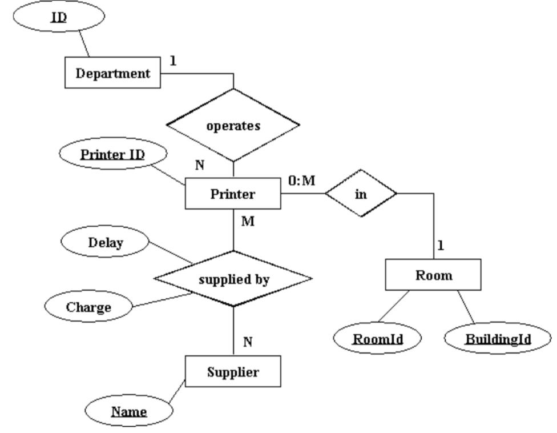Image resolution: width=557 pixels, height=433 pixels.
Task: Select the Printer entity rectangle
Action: click(232, 194)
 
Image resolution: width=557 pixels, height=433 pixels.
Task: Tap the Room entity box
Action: click(433, 275)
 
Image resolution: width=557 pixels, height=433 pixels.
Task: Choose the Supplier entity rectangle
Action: click(232, 372)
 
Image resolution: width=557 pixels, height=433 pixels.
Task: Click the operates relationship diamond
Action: click(233, 126)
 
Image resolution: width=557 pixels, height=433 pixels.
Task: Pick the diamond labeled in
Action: click(360, 194)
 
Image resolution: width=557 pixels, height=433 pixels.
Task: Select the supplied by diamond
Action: click(233, 279)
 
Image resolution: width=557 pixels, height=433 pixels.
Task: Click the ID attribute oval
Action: click(58, 17)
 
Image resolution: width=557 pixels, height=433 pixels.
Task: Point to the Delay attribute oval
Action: click(105, 243)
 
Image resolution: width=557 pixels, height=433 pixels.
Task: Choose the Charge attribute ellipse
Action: click(88, 306)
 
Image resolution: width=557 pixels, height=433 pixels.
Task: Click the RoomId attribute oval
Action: click(377, 339)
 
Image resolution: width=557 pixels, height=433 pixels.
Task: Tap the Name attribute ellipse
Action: click(128, 411)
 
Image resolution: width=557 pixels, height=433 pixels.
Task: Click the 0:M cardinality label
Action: click(301, 181)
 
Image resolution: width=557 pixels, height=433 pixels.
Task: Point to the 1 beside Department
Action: click(173, 60)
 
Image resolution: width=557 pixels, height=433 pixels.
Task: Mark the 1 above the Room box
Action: click(441, 246)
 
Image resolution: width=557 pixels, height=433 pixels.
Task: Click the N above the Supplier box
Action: click(248, 342)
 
